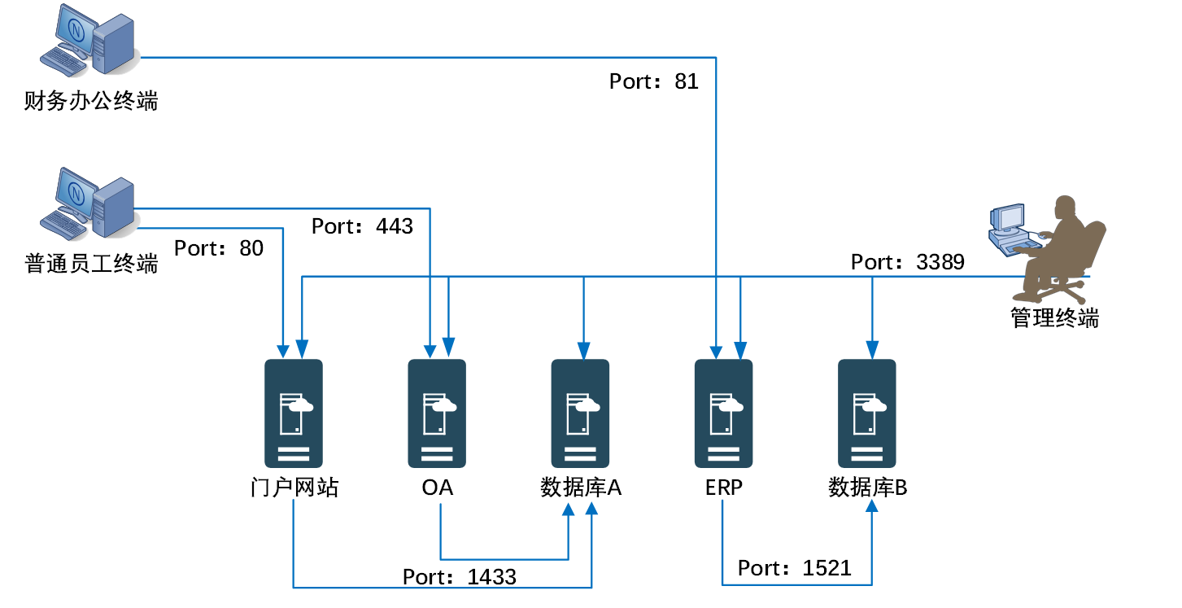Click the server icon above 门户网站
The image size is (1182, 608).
294,413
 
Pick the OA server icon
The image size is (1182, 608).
437,413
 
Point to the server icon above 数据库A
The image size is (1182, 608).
580,413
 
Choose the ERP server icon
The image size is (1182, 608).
723,413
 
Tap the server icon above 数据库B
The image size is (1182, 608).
867,413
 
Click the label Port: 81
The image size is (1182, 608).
653,81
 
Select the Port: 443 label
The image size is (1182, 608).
362,226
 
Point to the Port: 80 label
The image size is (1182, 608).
219,248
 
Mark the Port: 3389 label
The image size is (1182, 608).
907,262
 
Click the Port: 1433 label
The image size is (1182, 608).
460,577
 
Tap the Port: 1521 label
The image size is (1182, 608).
795,567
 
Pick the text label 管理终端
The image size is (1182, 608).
1054,317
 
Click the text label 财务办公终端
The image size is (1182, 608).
91,102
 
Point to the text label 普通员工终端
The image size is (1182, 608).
91,264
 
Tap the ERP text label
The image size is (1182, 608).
723,488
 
